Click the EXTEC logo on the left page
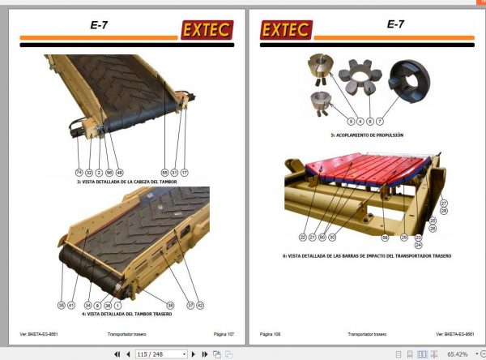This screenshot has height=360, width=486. (x=207, y=30)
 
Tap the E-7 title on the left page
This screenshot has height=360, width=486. (x=99, y=25)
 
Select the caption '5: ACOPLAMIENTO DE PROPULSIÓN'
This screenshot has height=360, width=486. (x=366, y=135)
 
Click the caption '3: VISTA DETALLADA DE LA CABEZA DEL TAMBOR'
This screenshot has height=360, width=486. (x=128, y=182)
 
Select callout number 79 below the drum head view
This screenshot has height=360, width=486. (x=79, y=173)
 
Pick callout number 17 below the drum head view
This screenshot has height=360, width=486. (x=184, y=173)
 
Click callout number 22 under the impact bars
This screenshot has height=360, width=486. (x=302, y=238)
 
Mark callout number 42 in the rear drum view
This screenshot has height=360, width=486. (x=200, y=305)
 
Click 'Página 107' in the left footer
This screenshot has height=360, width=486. (x=224, y=333)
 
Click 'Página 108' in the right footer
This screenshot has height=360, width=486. (x=271, y=333)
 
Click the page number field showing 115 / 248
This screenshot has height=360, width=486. (x=160, y=354)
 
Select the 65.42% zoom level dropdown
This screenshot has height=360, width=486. (x=462, y=354)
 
